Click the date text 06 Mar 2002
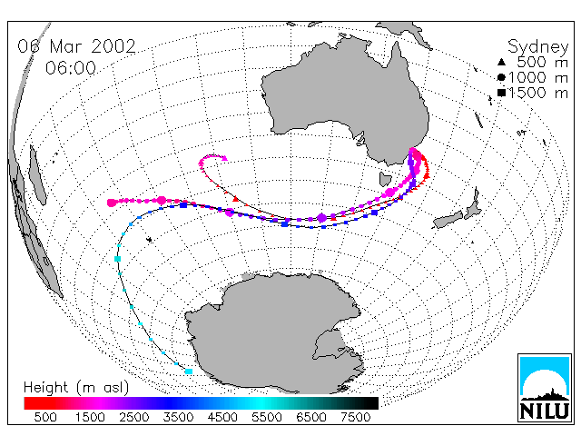coord(76,46)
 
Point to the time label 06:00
coord(71,68)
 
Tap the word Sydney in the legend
coord(537,47)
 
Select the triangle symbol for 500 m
coord(501,62)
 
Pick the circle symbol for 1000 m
coord(501,77)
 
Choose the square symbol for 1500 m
coord(501,93)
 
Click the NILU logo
coord(545,388)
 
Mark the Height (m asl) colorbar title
coord(76,388)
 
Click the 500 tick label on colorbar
coord(45,418)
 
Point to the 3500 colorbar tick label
coord(178,418)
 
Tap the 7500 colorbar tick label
coord(355,418)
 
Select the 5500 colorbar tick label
coord(267,418)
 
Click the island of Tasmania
coord(385,179)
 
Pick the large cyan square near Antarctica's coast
coord(189,372)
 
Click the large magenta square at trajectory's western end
coord(112,203)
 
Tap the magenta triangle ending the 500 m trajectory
coord(224,158)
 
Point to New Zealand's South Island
coord(448,219)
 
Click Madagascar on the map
coord(37,175)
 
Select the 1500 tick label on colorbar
coord(90,418)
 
